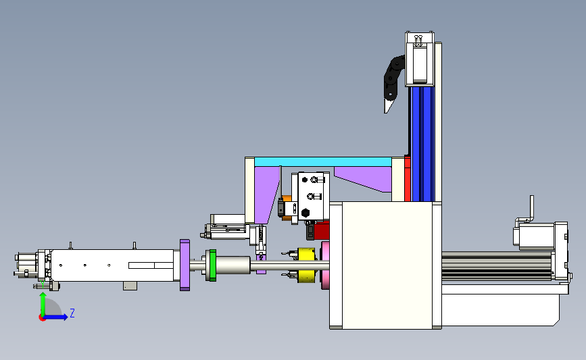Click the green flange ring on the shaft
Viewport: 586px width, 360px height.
tap(213, 265)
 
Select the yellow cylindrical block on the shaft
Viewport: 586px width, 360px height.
tap(307, 265)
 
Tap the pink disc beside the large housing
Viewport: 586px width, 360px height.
tap(324, 265)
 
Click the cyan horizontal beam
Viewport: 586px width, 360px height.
tap(323, 161)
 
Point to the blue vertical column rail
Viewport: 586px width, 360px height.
tap(422, 144)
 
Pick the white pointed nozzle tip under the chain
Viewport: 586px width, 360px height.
tap(388, 105)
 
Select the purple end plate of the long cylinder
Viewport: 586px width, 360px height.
tap(185, 265)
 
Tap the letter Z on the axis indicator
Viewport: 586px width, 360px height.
tap(72, 313)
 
